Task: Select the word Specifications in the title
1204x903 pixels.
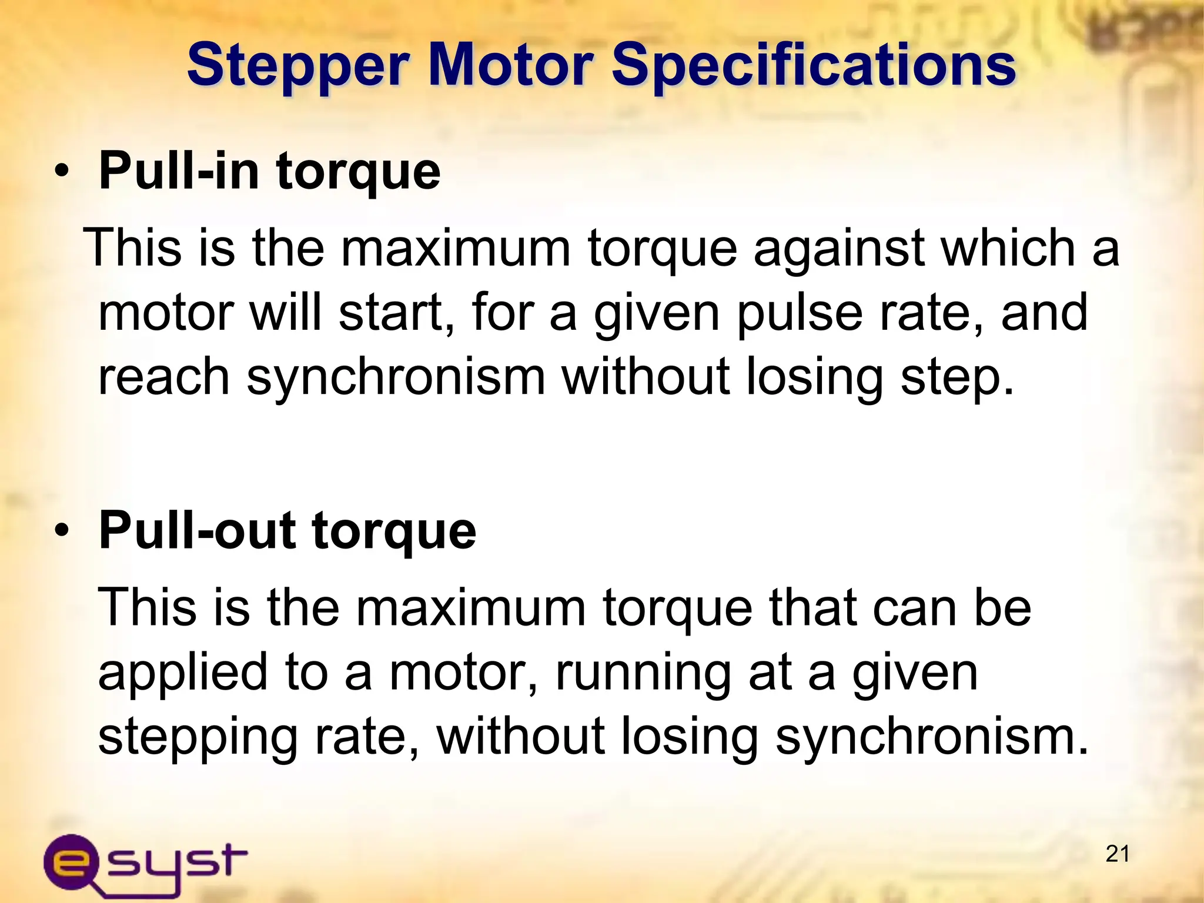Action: pyautogui.click(x=814, y=66)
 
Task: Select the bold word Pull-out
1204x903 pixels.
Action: pyautogui.click(x=197, y=530)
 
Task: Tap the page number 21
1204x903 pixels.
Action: pyautogui.click(x=1117, y=854)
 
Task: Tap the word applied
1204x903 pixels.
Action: pyautogui.click(x=183, y=673)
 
